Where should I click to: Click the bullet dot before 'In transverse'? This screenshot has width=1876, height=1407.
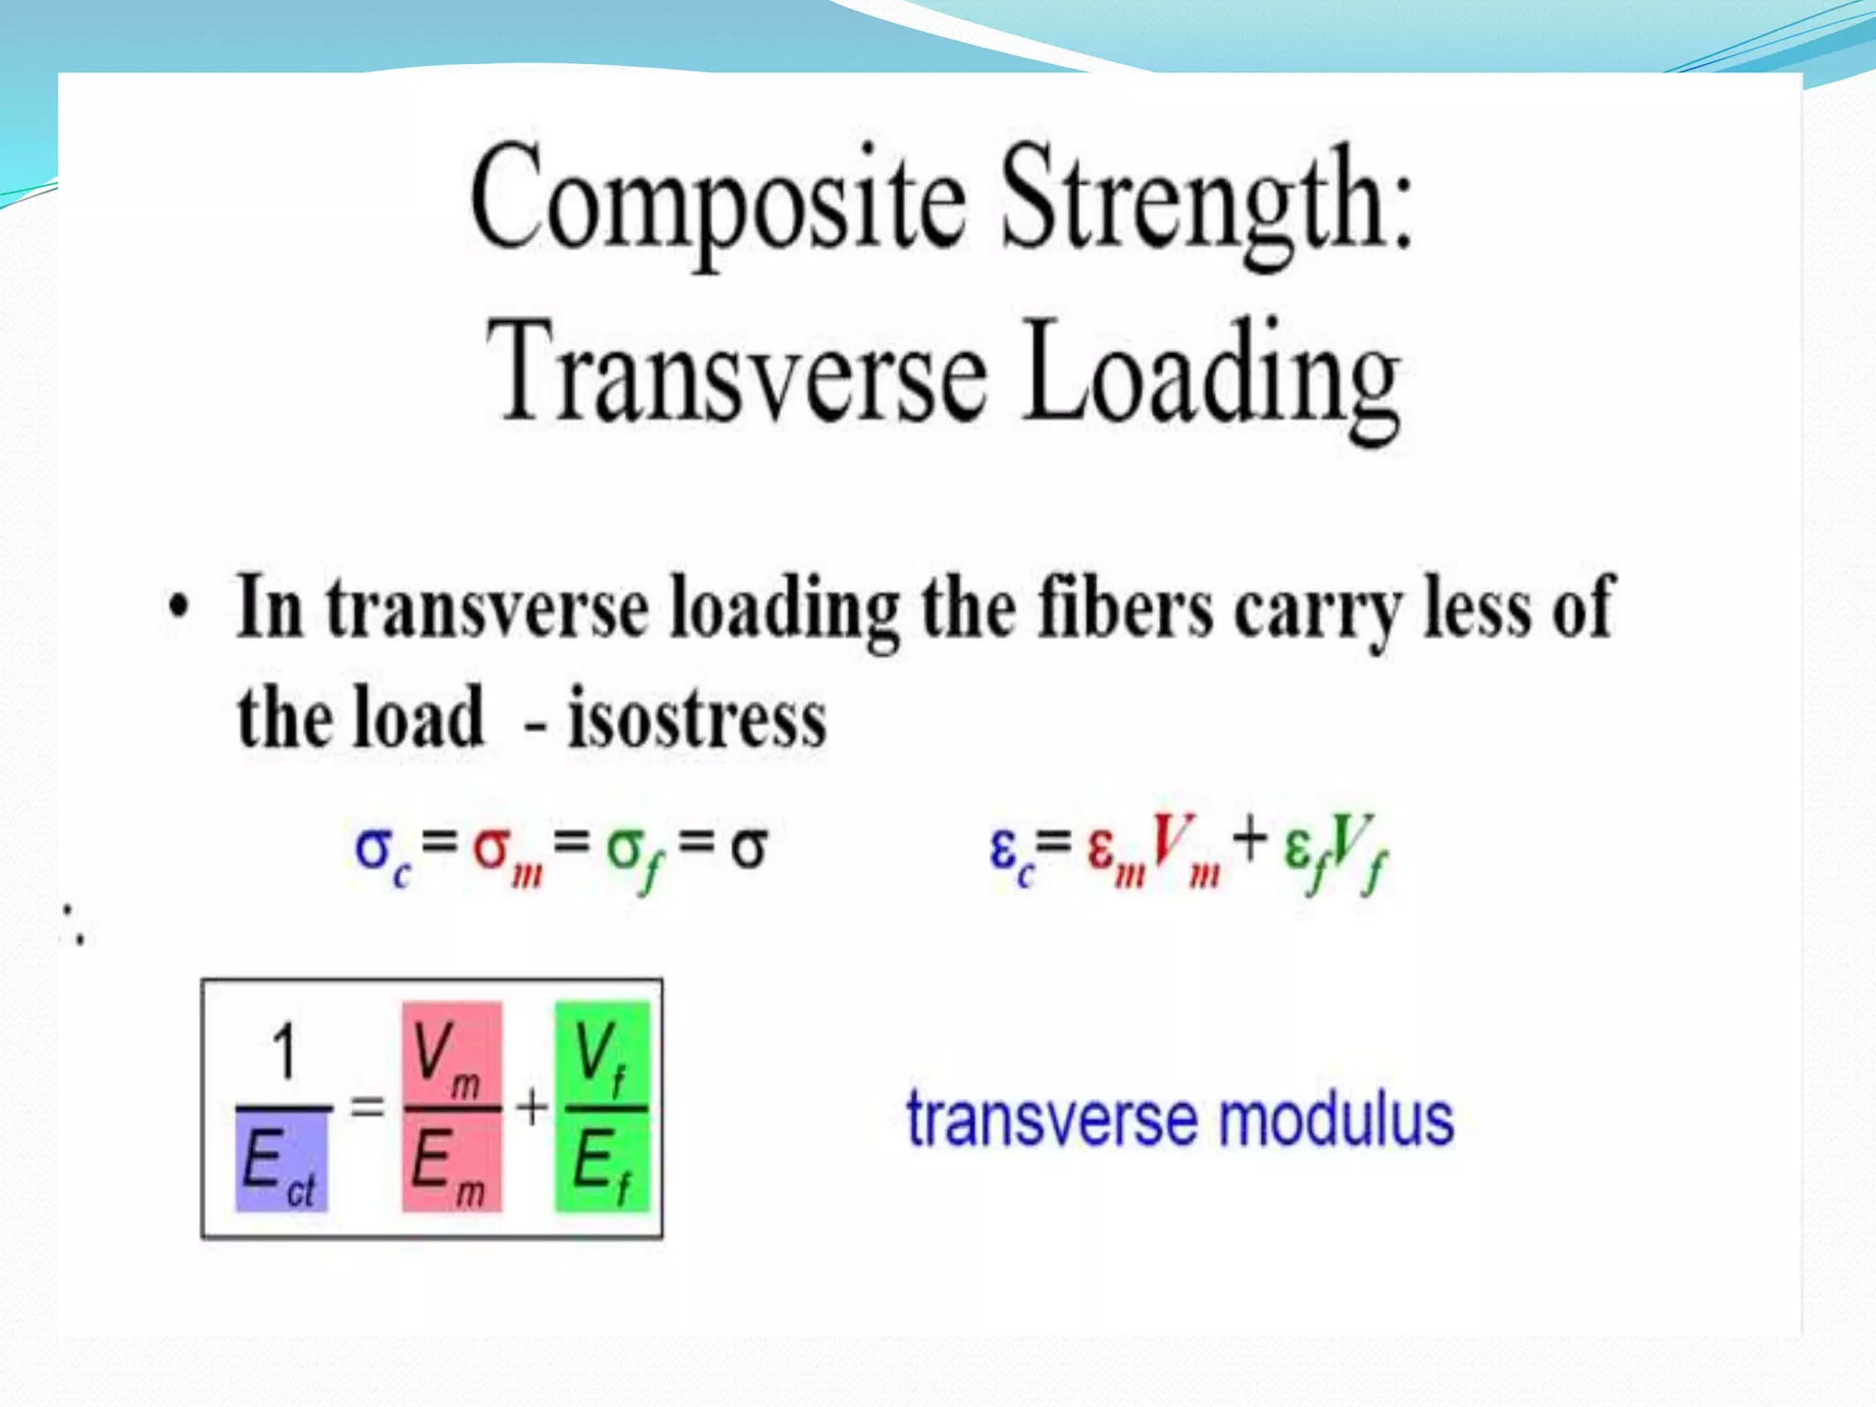tap(180, 608)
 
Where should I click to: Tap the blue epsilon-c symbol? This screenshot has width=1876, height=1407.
tap(1011, 852)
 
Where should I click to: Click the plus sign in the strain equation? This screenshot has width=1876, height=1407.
tap(1249, 841)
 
